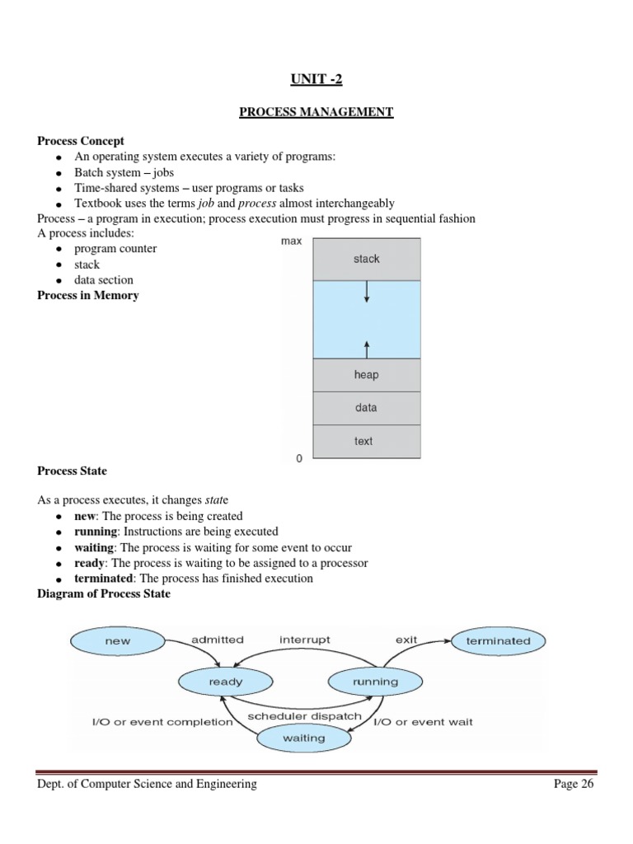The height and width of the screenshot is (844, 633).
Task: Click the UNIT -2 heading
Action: (x=316, y=78)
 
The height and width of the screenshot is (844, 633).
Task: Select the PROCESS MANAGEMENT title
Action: (x=316, y=111)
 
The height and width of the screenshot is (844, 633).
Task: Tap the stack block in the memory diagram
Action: (x=366, y=259)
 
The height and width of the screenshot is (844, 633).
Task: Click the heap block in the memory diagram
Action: (x=366, y=375)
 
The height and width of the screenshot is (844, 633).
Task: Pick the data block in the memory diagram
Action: (x=366, y=408)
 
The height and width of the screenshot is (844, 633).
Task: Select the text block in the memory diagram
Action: (x=363, y=441)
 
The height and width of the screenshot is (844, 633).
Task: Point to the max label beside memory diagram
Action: (x=292, y=241)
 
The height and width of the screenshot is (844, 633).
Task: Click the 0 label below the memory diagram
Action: (x=298, y=458)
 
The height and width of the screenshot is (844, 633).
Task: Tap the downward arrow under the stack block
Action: (x=366, y=293)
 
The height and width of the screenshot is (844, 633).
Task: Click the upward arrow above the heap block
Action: (x=366, y=346)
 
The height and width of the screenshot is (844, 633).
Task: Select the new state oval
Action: (x=118, y=640)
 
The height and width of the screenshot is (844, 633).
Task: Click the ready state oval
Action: (x=225, y=682)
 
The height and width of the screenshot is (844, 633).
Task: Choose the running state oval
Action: (x=375, y=682)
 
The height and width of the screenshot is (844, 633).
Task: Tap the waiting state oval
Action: (x=303, y=738)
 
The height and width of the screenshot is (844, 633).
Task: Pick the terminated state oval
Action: (x=499, y=640)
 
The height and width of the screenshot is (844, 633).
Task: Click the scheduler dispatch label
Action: (x=304, y=715)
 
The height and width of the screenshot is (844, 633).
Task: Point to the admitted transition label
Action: (x=217, y=640)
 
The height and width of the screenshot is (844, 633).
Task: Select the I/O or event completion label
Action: (x=162, y=722)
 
